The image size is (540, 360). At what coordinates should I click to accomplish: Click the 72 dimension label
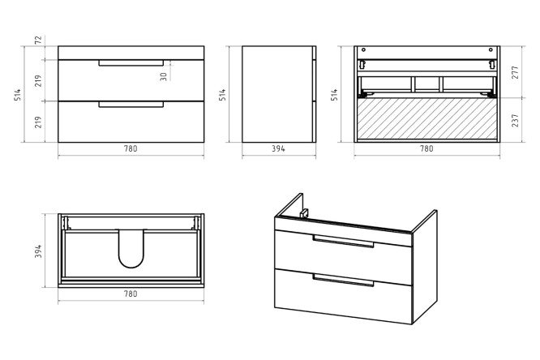pyautogui.click(x=39, y=40)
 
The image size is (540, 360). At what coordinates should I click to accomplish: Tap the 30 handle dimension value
pyautogui.click(x=164, y=76)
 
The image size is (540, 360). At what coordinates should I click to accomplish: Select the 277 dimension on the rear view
pyautogui.click(x=515, y=72)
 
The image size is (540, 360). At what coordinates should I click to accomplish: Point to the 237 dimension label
pyautogui.click(x=515, y=120)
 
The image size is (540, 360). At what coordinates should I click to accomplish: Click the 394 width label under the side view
pyautogui.click(x=278, y=148)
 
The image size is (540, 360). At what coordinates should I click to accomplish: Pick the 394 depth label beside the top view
pyautogui.click(x=38, y=251)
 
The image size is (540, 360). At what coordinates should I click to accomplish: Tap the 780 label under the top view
pyautogui.click(x=131, y=294)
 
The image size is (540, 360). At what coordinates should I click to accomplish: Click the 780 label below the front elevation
pyautogui.click(x=131, y=148)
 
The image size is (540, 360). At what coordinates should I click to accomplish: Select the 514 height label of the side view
pyautogui.click(x=223, y=94)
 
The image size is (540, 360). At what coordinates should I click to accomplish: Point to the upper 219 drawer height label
pyautogui.click(x=38, y=80)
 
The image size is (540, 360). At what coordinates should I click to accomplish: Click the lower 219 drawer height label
pyautogui.click(x=38, y=122)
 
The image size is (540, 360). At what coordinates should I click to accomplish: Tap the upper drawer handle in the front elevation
pyautogui.click(x=131, y=63)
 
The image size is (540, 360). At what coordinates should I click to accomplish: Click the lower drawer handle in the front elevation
pyautogui.click(x=131, y=105)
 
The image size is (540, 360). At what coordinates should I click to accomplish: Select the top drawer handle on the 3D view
pyautogui.click(x=343, y=241)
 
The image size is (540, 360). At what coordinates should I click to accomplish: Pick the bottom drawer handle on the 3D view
pyautogui.click(x=343, y=280)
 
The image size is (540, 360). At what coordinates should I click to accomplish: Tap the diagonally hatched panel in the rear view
pyautogui.click(x=427, y=119)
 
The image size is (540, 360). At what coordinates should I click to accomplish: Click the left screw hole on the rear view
pyautogui.click(x=364, y=50)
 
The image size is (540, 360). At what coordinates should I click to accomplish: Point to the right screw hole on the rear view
pyautogui.click(x=491, y=50)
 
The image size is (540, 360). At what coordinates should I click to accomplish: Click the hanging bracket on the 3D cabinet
pyautogui.click(x=304, y=213)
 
